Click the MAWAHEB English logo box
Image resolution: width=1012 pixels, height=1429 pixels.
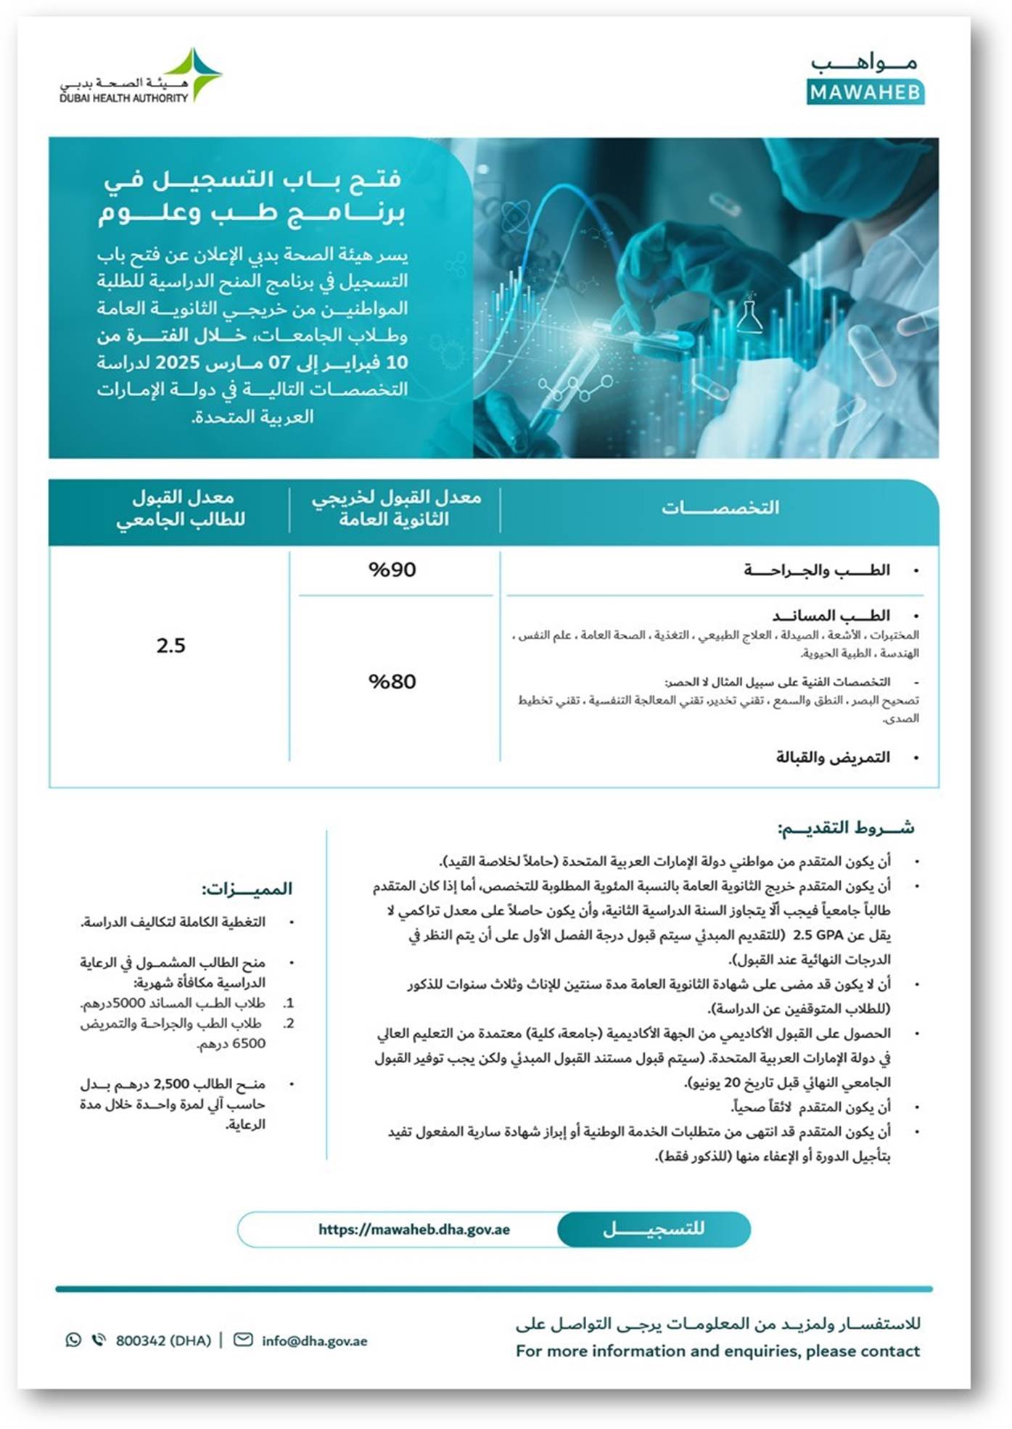pos(865,93)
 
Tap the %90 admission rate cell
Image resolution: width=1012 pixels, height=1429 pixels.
pos(392,570)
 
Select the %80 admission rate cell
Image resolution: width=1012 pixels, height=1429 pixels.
pos(392,682)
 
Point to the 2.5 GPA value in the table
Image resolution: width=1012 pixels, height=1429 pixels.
pos(171,646)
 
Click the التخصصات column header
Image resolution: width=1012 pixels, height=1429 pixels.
pos(720,508)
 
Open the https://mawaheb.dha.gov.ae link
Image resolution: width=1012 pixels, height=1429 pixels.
pos(414,1230)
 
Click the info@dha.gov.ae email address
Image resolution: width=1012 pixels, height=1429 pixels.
pos(314,1341)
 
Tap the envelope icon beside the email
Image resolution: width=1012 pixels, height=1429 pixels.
pos(243,1340)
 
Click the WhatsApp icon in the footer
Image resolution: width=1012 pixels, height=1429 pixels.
pos(73,1340)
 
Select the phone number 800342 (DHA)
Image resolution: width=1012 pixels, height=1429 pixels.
pos(163,1341)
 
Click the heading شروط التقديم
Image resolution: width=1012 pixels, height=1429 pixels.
pos(845,828)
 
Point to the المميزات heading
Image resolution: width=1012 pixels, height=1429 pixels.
pos(247,889)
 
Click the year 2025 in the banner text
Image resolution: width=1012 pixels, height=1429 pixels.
pos(177,362)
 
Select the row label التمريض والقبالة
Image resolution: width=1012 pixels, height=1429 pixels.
pos(832,757)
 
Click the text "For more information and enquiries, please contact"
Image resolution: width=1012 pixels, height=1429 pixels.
pos(717,1351)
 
